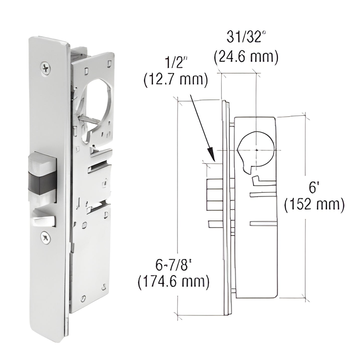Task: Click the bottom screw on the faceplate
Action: [45, 237]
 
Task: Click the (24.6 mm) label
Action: [246, 57]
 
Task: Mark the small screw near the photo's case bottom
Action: [84, 298]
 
